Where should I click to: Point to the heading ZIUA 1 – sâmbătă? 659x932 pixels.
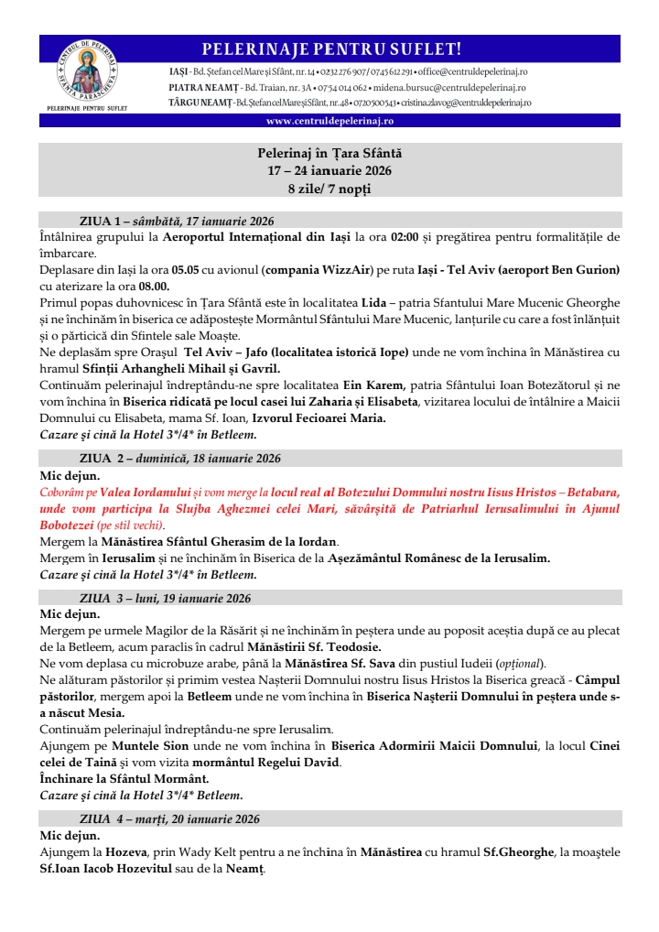[x=177, y=221]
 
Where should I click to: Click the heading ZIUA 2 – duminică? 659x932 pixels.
[x=180, y=458]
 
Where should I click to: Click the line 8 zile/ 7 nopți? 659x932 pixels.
[x=329, y=190]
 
